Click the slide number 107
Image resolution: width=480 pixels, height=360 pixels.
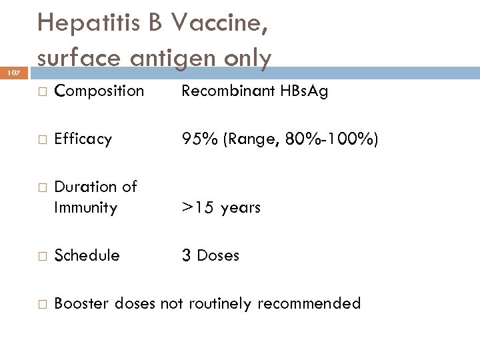click(13, 72)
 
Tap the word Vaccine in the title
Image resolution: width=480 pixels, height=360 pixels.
click(219, 23)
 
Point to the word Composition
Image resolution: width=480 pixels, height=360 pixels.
click(99, 91)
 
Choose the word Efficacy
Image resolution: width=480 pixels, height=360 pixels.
click(83, 139)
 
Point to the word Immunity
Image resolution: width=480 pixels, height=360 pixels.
click(85, 207)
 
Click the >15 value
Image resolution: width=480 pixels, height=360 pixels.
click(197, 207)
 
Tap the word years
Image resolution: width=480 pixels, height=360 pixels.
click(241, 207)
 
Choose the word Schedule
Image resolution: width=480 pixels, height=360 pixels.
click(87, 255)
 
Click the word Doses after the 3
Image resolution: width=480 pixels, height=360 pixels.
click(218, 255)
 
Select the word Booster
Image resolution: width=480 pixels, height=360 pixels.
click(82, 304)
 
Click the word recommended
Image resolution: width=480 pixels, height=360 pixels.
click(309, 304)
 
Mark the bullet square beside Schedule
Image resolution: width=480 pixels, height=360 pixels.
click(41, 256)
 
